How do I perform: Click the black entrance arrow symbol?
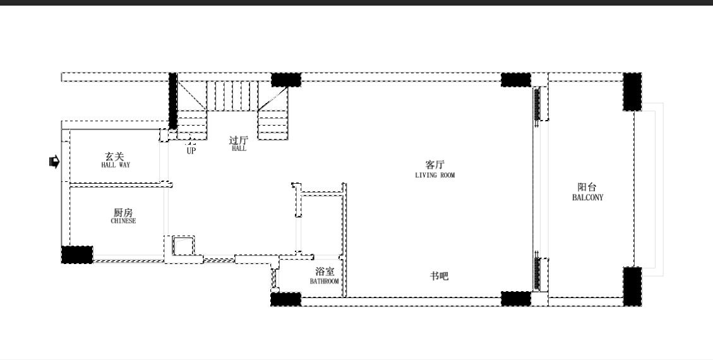[54, 161]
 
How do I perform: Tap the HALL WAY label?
[116, 165]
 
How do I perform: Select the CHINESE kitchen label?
[123, 221]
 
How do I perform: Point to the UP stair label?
[191, 150]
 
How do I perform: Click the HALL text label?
[239, 148]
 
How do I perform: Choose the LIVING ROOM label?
[434, 175]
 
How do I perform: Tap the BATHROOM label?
[324, 281]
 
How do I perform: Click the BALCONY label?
[587, 197]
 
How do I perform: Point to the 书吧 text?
[440, 276]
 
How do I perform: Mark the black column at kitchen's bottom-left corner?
[77, 255]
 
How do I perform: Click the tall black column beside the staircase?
[173, 100]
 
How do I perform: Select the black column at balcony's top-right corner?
[632, 92]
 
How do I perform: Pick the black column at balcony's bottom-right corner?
[632, 286]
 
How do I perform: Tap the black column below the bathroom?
[285, 299]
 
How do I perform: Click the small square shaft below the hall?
[184, 246]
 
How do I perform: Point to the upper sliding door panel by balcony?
[537, 104]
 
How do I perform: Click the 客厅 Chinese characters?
[434, 164]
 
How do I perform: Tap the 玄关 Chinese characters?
[114, 157]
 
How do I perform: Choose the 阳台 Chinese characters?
[587, 187]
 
